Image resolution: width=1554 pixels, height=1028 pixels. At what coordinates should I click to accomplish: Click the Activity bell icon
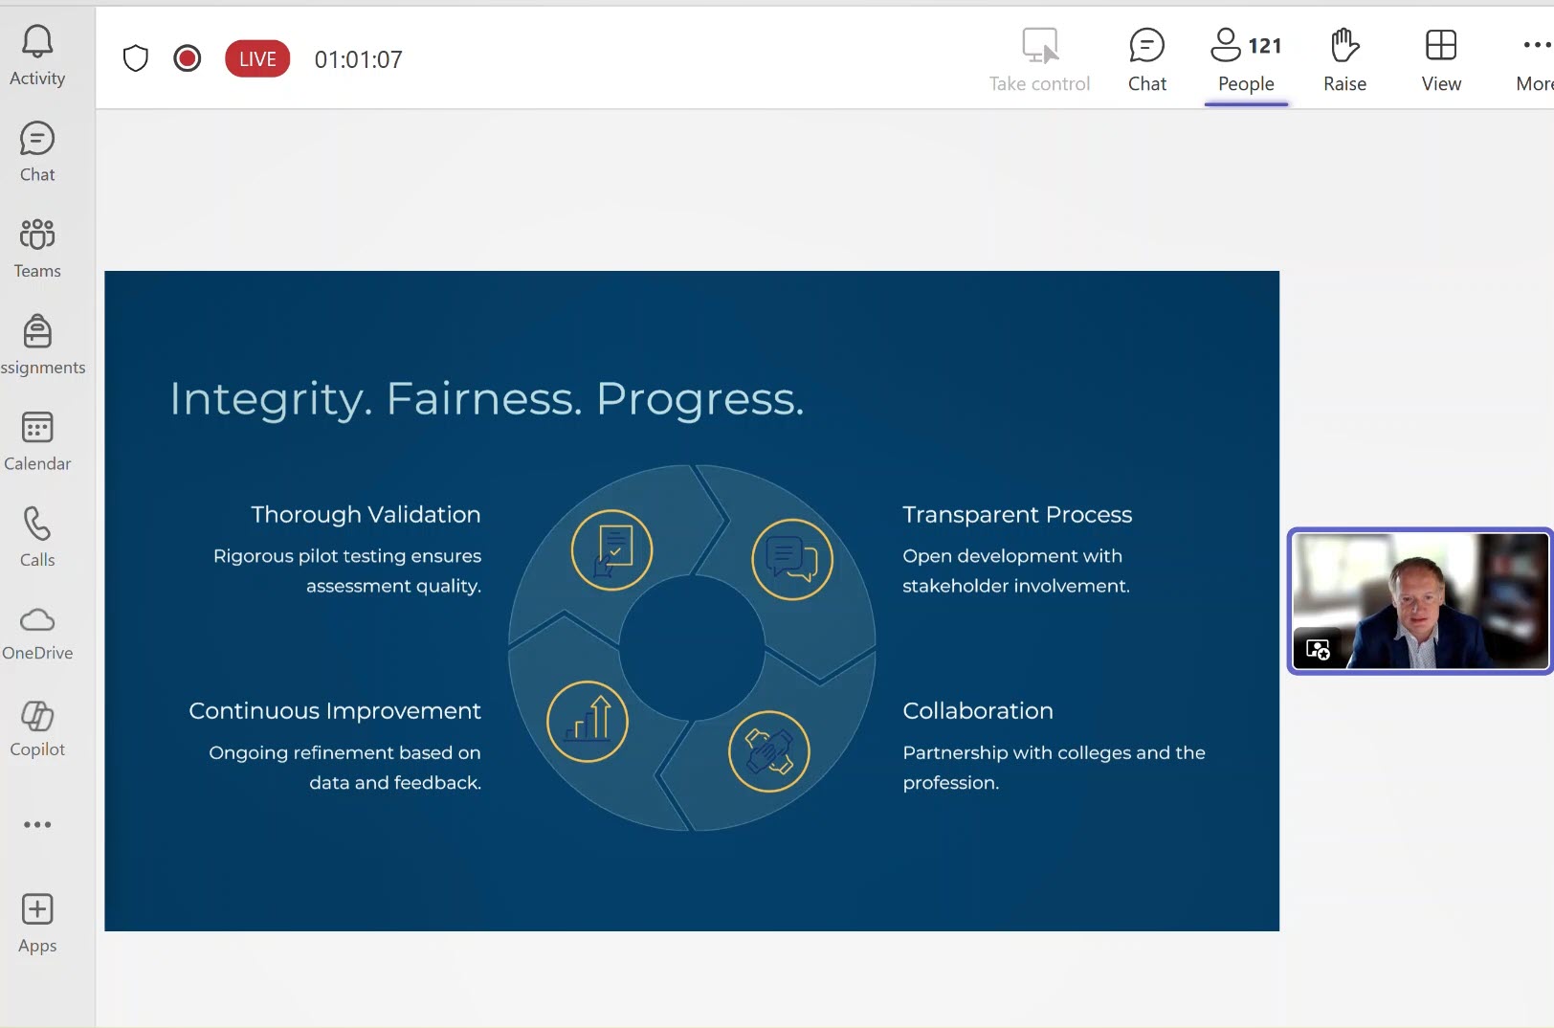[x=37, y=41]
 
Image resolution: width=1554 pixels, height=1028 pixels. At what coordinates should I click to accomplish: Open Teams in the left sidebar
[x=37, y=234]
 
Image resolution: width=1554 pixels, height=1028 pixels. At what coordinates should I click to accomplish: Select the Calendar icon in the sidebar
[x=37, y=427]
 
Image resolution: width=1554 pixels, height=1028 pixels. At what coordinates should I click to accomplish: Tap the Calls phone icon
[x=37, y=524]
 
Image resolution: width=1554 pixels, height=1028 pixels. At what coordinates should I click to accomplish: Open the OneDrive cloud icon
[x=37, y=620]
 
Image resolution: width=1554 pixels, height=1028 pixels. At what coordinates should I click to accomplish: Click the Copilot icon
[x=37, y=716]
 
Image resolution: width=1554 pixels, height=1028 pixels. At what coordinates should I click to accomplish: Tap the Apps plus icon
[x=37, y=909]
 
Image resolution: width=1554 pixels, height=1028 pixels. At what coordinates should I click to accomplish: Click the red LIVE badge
[x=257, y=59]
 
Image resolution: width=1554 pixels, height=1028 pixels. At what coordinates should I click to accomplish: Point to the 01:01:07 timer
[x=358, y=59]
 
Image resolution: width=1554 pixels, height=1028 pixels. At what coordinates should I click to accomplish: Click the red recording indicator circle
[x=188, y=58]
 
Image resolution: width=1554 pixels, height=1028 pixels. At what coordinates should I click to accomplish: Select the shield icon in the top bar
[x=135, y=58]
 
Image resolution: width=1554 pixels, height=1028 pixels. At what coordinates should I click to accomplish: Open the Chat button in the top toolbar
[x=1146, y=45]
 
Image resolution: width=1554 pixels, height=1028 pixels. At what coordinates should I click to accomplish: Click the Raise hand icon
[x=1344, y=45]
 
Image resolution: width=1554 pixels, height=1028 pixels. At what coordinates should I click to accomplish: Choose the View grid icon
[x=1441, y=45]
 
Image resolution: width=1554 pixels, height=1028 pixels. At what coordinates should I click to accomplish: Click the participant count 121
[x=1265, y=46]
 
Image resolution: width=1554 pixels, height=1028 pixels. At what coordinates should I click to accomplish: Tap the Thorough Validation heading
[x=366, y=514]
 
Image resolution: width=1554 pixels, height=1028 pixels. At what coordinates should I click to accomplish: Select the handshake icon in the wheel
[x=768, y=751]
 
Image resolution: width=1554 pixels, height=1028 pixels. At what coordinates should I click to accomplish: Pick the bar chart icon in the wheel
[x=587, y=721]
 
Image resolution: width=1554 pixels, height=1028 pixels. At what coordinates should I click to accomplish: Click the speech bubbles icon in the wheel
[x=792, y=559]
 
